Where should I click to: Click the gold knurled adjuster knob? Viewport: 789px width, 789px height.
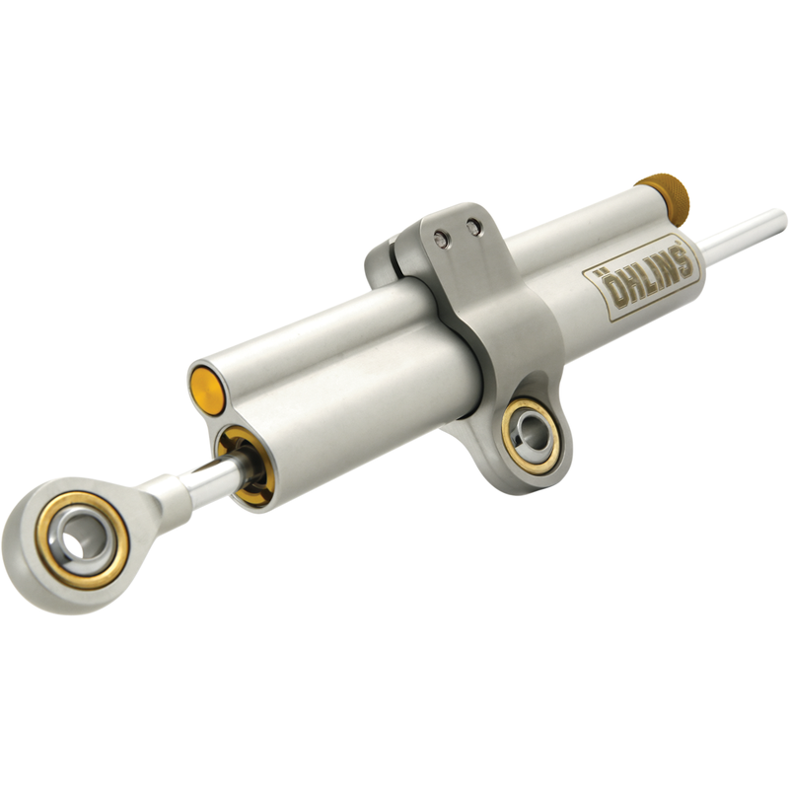pos(662,194)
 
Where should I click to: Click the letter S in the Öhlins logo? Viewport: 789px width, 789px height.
pos(681,261)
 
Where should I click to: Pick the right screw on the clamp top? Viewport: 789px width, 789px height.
pos(473,228)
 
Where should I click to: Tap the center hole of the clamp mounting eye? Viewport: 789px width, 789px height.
pos(530,435)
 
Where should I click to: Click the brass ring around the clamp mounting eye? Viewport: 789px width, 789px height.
pos(515,449)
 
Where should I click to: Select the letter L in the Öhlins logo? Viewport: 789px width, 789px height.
pos(641,279)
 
